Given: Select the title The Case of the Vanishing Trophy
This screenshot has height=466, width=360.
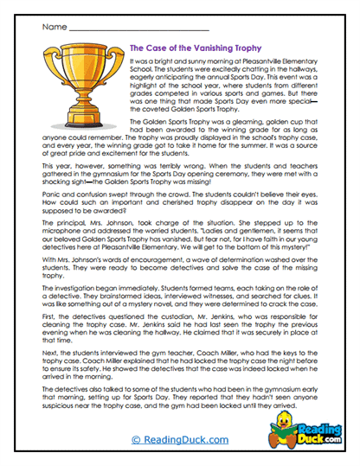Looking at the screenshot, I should point(196,50).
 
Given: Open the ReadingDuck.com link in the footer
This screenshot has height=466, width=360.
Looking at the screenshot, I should point(178,439).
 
